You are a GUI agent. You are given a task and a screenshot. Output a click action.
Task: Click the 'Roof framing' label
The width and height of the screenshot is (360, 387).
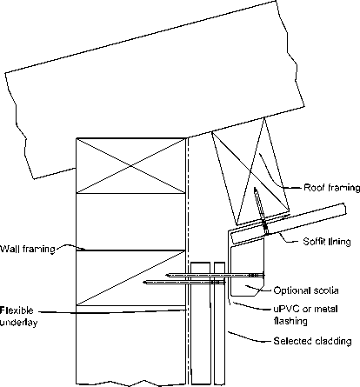coord(331,188)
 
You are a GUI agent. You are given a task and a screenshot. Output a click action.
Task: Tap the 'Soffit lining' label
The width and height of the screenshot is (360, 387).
coord(327,241)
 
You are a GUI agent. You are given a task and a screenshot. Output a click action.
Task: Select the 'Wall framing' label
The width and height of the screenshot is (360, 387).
coord(28,249)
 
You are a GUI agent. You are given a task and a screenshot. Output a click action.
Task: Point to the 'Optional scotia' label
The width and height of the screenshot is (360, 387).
coord(306,290)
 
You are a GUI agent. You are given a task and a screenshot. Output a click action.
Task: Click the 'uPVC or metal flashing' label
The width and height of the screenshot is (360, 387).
coord(305,315)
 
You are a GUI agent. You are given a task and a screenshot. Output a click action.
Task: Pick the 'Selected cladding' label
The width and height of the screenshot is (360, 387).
coord(312,341)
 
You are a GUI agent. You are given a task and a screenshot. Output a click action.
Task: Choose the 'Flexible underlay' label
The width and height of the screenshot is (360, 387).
coord(18,317)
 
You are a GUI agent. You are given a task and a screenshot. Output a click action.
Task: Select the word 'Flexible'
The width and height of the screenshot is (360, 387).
coord(17,310)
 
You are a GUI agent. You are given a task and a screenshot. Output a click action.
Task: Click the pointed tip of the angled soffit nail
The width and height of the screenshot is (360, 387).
coord(255,188)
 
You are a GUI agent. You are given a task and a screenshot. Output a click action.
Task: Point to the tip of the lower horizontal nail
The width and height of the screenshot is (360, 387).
coord(144,282)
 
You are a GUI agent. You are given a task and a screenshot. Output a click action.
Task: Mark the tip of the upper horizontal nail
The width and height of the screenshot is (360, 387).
coord(166,275)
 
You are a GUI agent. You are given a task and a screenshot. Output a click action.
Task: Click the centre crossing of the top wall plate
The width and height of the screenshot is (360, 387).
coord(130,166)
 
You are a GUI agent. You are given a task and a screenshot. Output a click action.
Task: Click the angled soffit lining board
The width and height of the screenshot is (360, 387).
coord(289,224)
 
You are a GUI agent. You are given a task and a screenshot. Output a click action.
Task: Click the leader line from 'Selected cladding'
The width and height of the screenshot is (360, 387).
coord(250,337)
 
